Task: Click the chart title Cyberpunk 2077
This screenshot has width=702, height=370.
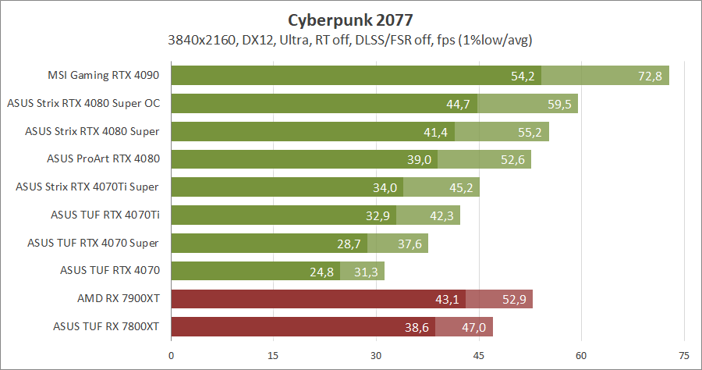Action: pyautogui.click(x=350, y=19)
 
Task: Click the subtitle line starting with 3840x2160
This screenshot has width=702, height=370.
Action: pyautogui.click(x=350, y=40)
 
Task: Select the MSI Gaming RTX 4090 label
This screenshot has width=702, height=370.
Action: pyautogui.click(x=103, y=76)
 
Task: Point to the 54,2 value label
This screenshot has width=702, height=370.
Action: pyautogui.click(x=522, y=76)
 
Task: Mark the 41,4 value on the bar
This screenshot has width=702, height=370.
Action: pyautogui.click(x=435, y=132)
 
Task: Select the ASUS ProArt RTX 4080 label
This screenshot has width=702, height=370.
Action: pyautogui.click(x=103, y=159)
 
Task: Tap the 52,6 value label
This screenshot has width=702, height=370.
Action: pyautogui.click(x=512, y=160)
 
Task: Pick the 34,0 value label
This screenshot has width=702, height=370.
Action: pyautogui.click(x=385, y=187)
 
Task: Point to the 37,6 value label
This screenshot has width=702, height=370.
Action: pyautogui.click(x=409, y=244)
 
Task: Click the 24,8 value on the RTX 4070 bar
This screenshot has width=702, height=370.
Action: pyautogui.click(x=321, y=272)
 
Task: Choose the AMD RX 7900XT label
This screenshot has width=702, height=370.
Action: pyautogui.click(x=119, y=299)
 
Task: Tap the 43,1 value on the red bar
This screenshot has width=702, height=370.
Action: pyautogui.click(x=446, y=300)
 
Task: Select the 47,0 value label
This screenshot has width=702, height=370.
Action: pyautogui.click(x=473, y=328)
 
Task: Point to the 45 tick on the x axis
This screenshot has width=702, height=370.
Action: pyautogui.click(x=479, y=355)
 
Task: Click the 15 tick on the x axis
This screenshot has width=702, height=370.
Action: pyautogui.click(x=274, y=355)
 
